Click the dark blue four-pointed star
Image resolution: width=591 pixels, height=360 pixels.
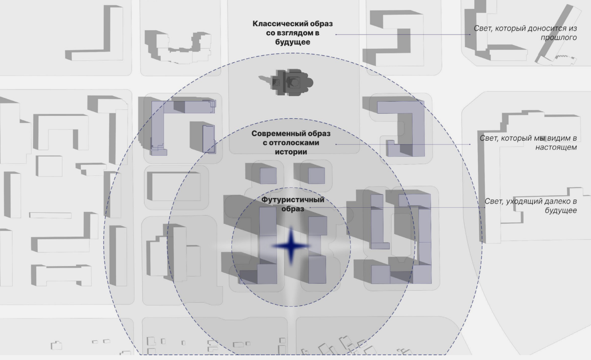pos(291,246)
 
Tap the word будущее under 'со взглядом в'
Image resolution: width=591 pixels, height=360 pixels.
pos(292,42)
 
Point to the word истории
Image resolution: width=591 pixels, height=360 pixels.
pos(291,152)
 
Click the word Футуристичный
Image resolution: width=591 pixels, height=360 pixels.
pos(292,200)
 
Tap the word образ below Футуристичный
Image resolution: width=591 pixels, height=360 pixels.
pos(292,209)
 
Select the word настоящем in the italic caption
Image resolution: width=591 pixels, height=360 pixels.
pos(556,147)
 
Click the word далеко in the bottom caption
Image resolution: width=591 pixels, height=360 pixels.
pos(554,201)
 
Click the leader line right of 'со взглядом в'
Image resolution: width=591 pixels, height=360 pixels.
pos(402,34)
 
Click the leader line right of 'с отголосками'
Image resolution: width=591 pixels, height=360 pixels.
pos(402,144)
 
